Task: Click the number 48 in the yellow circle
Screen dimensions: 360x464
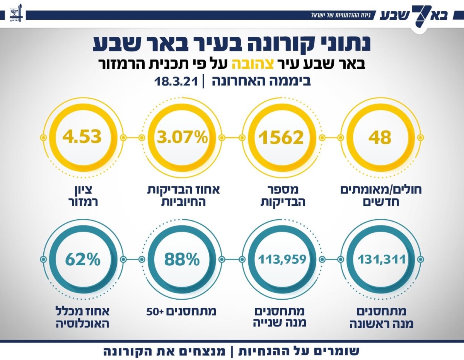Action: pos(380,138)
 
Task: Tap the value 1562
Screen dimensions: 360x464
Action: pos(281,138)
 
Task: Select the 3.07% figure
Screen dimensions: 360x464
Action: pos(182,138)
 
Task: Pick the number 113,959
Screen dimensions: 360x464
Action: pos(282,259)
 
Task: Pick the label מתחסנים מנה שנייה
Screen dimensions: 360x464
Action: pos(281,317)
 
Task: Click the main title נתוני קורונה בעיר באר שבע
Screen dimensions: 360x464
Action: pos(232,43)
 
